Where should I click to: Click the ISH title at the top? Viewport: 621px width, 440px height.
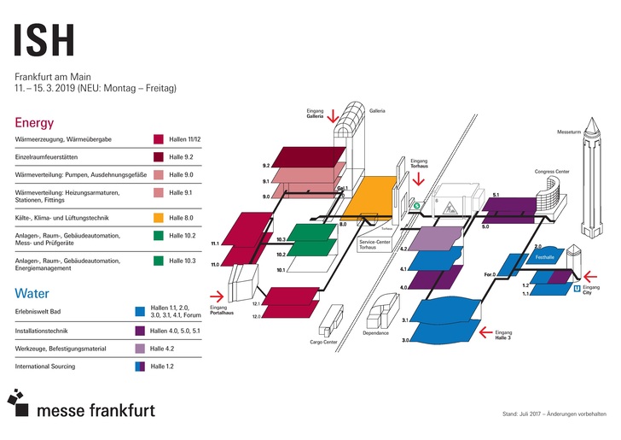tap(44, 38)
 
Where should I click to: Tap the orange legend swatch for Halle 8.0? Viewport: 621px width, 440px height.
tap(158, 217)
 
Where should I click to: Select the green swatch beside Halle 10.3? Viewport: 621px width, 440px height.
tap(158, 261)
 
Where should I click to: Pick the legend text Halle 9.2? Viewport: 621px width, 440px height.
tap(181, 156)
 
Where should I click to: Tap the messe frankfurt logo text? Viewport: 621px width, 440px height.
tap(96, 410)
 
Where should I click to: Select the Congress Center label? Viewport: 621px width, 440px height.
tap(552, 172)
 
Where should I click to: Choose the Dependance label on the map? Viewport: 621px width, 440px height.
tap(375, 333)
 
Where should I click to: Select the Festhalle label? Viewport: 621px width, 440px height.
tap(544, 256)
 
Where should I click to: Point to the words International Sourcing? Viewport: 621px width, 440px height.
tap(45, 366)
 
